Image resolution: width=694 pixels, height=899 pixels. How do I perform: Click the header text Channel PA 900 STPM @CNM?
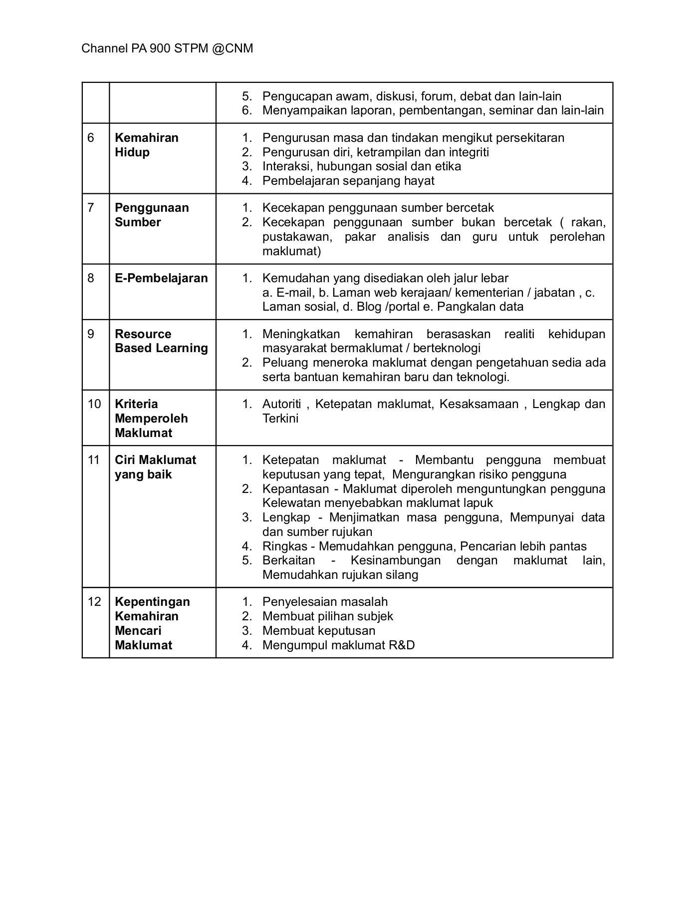167,48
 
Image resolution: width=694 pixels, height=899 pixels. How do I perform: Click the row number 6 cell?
91,138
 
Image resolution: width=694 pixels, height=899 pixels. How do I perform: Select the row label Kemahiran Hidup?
146,145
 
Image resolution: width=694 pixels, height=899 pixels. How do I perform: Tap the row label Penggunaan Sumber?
152,215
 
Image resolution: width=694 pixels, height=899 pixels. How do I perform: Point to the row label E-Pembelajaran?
161,278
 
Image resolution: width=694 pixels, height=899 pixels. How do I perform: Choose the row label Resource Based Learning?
161,341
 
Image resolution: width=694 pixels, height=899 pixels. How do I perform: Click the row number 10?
94,404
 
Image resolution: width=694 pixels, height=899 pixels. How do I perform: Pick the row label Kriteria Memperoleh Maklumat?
151,419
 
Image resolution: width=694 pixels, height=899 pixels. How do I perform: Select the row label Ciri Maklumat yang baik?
155,467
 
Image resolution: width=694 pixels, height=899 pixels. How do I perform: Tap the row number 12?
94,602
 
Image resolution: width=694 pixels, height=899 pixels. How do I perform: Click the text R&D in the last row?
402,645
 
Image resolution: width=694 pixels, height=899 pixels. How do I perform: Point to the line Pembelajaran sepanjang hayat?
348,181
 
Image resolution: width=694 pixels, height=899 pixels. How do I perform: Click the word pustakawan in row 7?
296,237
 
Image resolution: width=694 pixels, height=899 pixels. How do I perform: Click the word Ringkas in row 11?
285,546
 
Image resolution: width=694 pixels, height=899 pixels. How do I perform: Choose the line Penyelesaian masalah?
325,602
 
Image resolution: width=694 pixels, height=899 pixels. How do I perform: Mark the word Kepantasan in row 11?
296,489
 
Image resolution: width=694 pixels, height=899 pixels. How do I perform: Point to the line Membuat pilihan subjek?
328,616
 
